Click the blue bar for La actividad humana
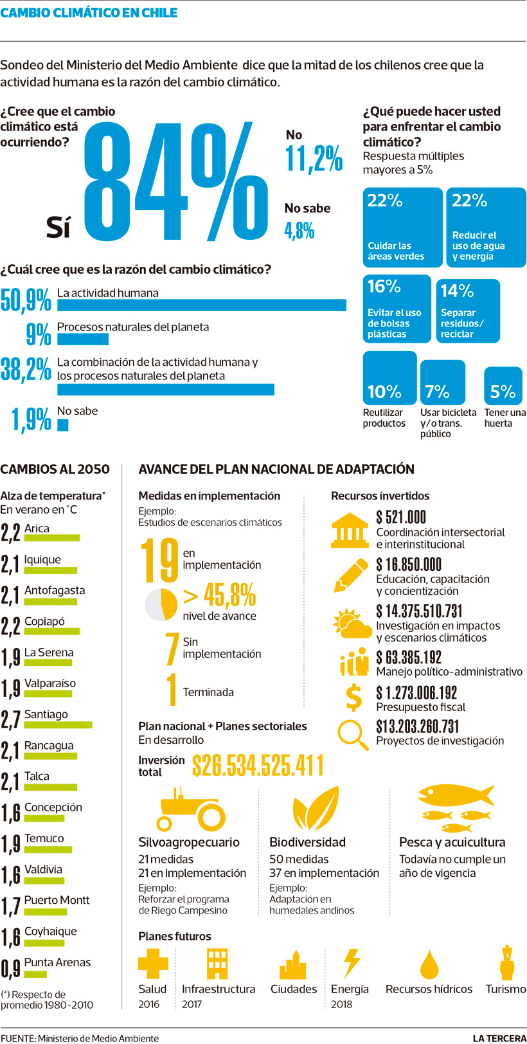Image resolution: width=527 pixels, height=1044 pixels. [201, 305]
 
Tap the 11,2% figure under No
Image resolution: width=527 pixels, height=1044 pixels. [314, 158]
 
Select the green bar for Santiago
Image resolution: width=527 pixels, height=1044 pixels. [58, 724]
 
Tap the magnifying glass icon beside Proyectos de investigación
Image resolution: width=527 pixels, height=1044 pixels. [352, 733]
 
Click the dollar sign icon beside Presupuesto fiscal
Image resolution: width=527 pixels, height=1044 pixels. [353, 698]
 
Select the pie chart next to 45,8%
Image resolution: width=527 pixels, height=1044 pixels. [161, 604]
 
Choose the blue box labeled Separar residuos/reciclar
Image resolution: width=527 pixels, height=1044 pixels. [467, 310]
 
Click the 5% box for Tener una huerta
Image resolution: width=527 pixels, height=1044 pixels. [503, 386]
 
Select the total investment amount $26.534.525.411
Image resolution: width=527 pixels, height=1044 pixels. [258, 766]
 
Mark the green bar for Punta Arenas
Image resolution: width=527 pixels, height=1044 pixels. [35, 974]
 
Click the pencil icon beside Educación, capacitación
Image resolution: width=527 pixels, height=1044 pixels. [350, 575]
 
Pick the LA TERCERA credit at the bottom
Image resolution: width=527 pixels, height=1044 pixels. [499, 1038]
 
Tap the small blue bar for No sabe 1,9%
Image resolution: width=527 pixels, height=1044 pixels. [62, 425]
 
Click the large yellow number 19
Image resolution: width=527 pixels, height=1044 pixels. [159, 560]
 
